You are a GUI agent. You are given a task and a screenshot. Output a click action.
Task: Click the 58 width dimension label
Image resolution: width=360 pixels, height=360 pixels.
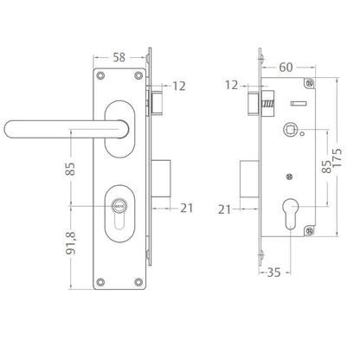coord(119,57)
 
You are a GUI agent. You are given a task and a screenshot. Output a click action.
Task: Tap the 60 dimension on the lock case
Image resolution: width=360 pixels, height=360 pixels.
coord(286,67)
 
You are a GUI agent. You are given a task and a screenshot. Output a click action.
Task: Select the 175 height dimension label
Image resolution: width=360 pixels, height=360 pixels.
coord(337,157)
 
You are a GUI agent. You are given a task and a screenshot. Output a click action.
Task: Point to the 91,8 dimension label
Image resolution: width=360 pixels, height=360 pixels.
coord(71,243)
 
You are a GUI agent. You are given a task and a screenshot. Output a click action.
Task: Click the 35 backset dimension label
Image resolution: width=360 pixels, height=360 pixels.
coord(273,273)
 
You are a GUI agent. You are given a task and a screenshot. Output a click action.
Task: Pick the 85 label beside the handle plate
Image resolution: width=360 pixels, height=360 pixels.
coord(70,169)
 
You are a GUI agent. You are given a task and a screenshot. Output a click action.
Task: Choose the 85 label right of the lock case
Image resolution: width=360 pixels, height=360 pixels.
coord(326,167)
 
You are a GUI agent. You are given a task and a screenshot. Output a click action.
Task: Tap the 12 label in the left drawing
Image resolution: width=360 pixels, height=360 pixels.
coord(179,86)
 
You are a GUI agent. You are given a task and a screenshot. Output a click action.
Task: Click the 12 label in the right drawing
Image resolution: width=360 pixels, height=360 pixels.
coord(232,85)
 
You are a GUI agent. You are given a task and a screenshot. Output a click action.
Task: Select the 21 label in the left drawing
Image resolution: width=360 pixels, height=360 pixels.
coord(186,208)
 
